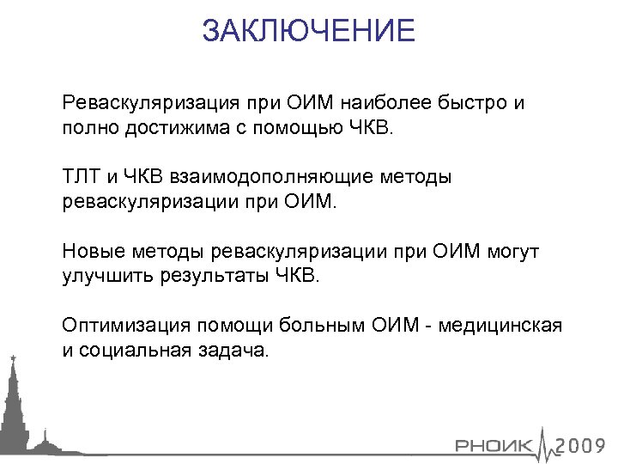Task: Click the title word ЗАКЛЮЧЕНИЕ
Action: click(309, 32)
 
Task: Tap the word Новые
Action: click(93, 252)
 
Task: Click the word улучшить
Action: click(100, 277)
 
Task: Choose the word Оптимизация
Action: click(125, 326)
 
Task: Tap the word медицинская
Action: click(512, 326)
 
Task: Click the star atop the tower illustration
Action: click(13, 356)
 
